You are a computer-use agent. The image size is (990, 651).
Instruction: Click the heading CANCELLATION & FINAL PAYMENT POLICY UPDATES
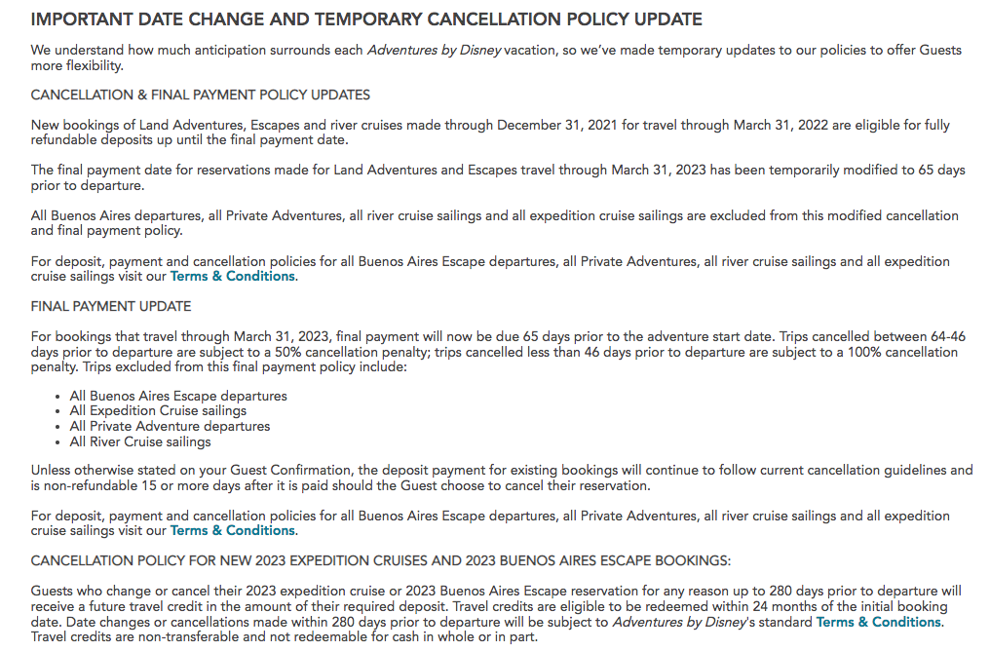click(201, 95)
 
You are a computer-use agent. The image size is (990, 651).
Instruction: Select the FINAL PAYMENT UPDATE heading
click(111, 306)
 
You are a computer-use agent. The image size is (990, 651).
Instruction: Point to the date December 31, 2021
click(556, 125)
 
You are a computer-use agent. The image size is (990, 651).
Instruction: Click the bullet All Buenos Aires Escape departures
click(178, 396)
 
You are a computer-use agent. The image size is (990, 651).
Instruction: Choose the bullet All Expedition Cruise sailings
click(158, 411)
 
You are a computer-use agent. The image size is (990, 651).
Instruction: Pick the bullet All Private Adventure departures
click(170, 426)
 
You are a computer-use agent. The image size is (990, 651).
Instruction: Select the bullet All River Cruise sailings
click(140, 441)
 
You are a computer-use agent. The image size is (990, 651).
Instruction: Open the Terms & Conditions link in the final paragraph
click(878, 622)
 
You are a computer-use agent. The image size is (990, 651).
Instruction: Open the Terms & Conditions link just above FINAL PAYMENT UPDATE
click(232, 276)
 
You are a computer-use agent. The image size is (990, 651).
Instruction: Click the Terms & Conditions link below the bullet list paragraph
click(232, 530)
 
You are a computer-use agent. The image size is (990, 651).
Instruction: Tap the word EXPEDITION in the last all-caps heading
click(360, 560)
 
